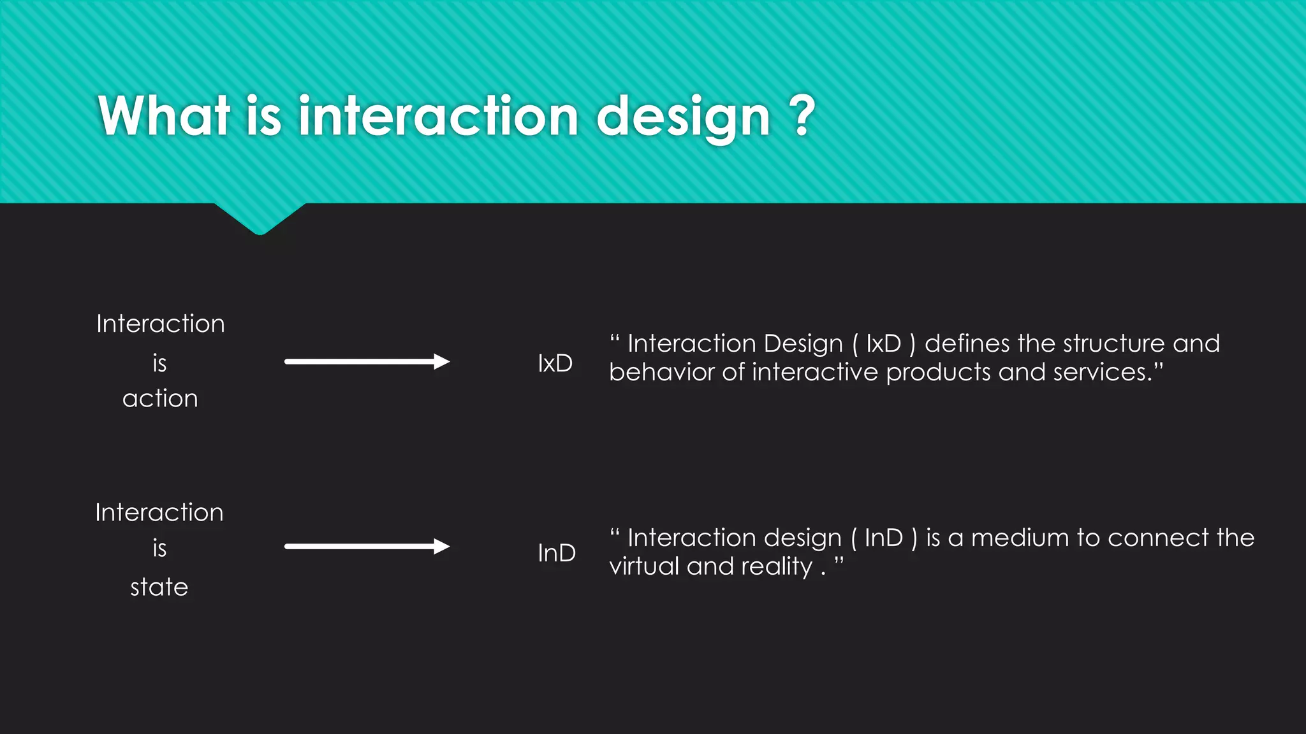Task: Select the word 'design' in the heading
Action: point(683,118)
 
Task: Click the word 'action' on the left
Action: point(160,399)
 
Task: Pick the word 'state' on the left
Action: point(159,587)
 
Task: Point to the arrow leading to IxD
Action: point(367,362)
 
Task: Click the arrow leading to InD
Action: point(367,546)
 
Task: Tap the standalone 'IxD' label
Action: point(555,363)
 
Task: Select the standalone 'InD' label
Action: point(556,553)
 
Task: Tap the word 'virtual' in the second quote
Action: point(644,566)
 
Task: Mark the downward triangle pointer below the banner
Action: point(260,219)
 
